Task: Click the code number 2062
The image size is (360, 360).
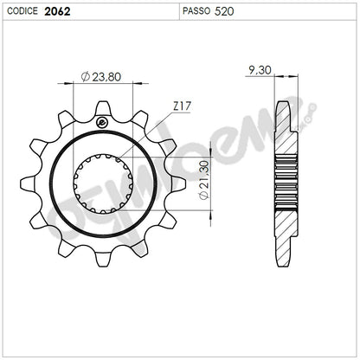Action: pos(57,11)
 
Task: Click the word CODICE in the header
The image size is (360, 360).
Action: pos(22,11)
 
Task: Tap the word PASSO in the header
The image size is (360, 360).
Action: pos(196,11)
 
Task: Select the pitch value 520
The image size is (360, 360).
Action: pos(224,11)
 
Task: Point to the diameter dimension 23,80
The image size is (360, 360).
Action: pos(101,77)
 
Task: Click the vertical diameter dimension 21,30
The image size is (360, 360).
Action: pos(204,180)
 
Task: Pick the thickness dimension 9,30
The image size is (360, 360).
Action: pos(260,70)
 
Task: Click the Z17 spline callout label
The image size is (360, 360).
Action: pos(182,106)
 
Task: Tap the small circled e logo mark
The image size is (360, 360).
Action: pos(101,123)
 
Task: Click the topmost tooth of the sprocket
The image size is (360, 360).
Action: pos(103,109)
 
